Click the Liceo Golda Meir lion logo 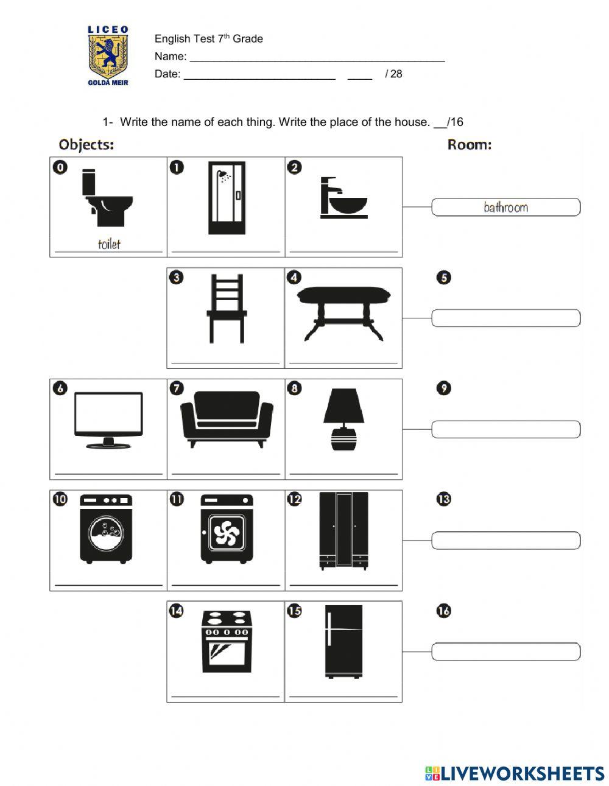tap(108, 55)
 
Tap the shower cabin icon tap(226, 198)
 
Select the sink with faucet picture tap(343, 198)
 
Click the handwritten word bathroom tap(505, 208)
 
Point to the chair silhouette tap(226, 309)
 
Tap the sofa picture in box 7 tap(227, 419)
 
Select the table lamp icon tap(343, 419)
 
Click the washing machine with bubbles tap(106, 528)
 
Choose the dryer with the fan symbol tap(227, 528)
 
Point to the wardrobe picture tap(343, 530)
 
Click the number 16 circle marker tap(444, 611)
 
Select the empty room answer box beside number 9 tap(505, 429)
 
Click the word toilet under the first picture tap(109, 245)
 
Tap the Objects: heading tap(86, 145)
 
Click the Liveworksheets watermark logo tap(514, 773)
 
